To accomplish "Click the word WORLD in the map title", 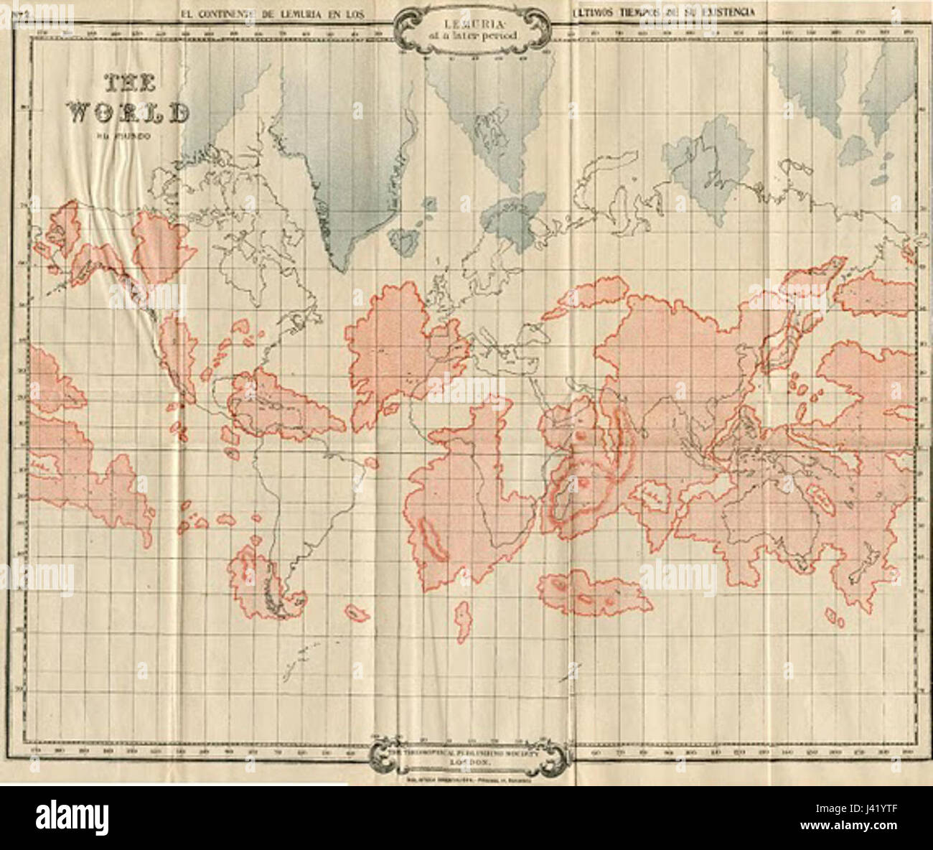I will coord(130,113).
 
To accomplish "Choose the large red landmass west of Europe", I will coord(388,337).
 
